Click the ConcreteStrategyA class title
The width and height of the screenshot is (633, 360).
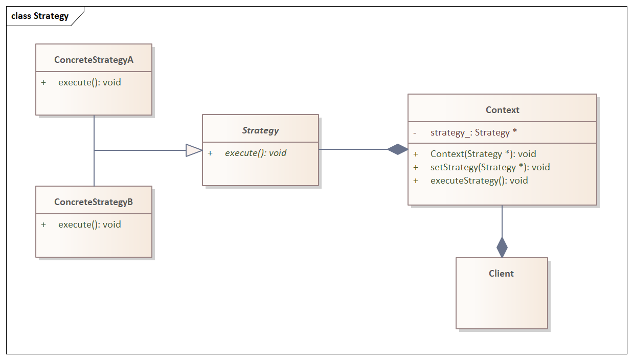[94, 60]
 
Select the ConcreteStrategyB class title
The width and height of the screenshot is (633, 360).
[94, 202]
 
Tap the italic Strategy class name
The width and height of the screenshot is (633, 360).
[260, 130]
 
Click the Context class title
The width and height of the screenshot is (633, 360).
[502, 110]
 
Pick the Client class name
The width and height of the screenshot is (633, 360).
[501, 274]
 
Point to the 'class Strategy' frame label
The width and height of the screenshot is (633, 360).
[40, 16]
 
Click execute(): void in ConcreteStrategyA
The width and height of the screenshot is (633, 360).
[89, 82]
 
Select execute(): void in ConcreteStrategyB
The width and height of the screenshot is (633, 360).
[89, 224]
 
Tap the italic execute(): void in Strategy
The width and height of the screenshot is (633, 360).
[256, 153]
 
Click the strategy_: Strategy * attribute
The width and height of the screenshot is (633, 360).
[473, 133]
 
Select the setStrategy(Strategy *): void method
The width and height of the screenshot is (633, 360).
[490, 167]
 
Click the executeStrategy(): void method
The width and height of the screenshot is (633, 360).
[479, 181]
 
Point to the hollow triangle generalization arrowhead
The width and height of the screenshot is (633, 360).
[194, 150]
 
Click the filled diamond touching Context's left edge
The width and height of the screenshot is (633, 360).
[398, 149]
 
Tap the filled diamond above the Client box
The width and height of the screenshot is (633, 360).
[502, 247]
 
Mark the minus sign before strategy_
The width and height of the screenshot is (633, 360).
[415, 133]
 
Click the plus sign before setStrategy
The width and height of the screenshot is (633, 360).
[416, 167]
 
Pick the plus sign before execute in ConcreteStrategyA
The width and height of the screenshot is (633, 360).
[43, 82]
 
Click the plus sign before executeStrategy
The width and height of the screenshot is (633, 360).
[416, 181]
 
